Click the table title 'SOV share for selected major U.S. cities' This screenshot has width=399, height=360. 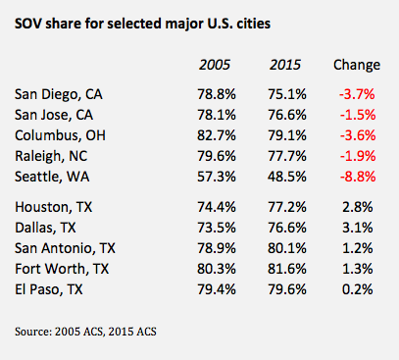[x=148, y=22]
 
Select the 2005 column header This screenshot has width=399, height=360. [x=215, y=65]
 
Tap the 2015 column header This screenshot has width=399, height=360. [x=285, y=65]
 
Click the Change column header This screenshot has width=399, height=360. [x=357, y=65]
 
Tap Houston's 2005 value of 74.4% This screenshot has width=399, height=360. [x=215, y=209]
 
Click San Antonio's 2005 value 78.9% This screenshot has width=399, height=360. [x=215, y=248]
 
